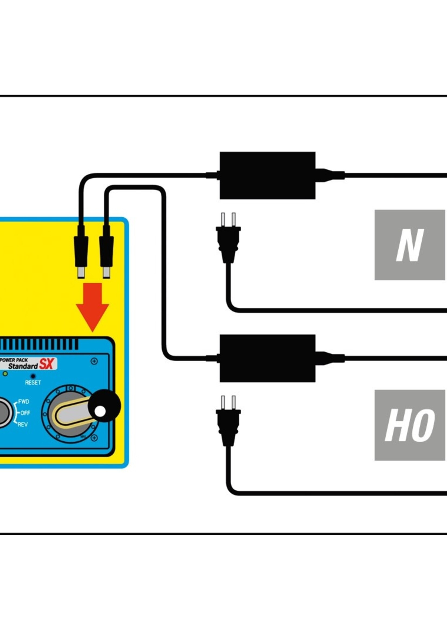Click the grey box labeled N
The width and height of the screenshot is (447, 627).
409,245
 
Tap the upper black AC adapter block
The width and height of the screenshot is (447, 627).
267,175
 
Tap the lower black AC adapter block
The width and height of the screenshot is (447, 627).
267,358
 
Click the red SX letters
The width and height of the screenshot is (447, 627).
46,365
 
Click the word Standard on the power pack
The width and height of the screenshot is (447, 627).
23,366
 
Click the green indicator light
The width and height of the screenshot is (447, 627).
5,374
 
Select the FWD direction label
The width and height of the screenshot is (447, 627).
23,402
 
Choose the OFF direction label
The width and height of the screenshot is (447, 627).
25,413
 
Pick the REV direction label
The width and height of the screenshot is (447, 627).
22,425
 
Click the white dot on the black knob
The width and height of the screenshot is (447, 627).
100,412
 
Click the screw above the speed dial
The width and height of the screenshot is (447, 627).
94,361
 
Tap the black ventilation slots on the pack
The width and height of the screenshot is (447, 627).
38,344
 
